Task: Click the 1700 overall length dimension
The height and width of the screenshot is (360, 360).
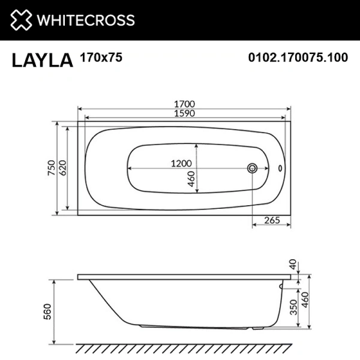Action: pos(185,103)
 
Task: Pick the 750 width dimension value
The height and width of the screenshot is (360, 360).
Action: pos(52,168)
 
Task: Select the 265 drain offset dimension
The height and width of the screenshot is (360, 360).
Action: pos(272,220)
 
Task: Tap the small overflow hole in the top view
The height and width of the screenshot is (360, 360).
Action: pos(281,169)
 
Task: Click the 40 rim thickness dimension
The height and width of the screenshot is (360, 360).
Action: pos(293,265)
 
